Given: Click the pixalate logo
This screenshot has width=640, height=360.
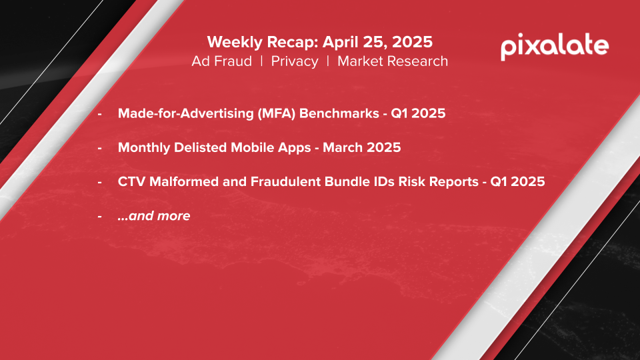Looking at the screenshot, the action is (555, 47).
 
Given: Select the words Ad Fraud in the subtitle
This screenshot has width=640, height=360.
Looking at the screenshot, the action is (221, 61).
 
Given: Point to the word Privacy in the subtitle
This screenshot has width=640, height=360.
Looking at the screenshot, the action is (294, 61).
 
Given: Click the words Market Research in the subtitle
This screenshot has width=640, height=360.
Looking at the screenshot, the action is (393, 61).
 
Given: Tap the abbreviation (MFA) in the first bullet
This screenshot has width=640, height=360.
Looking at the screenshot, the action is (276, 113).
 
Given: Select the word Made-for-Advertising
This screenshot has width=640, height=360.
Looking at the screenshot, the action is (186, 113).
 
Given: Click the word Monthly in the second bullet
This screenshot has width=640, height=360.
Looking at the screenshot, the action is (144, 147).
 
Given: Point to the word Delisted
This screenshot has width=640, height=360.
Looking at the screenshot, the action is (201, 147).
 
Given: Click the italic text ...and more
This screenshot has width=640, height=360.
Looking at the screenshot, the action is (154, 216).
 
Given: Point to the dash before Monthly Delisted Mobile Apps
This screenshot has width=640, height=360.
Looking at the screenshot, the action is (99, 148).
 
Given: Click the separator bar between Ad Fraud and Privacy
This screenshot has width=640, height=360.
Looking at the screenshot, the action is (261, 61).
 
